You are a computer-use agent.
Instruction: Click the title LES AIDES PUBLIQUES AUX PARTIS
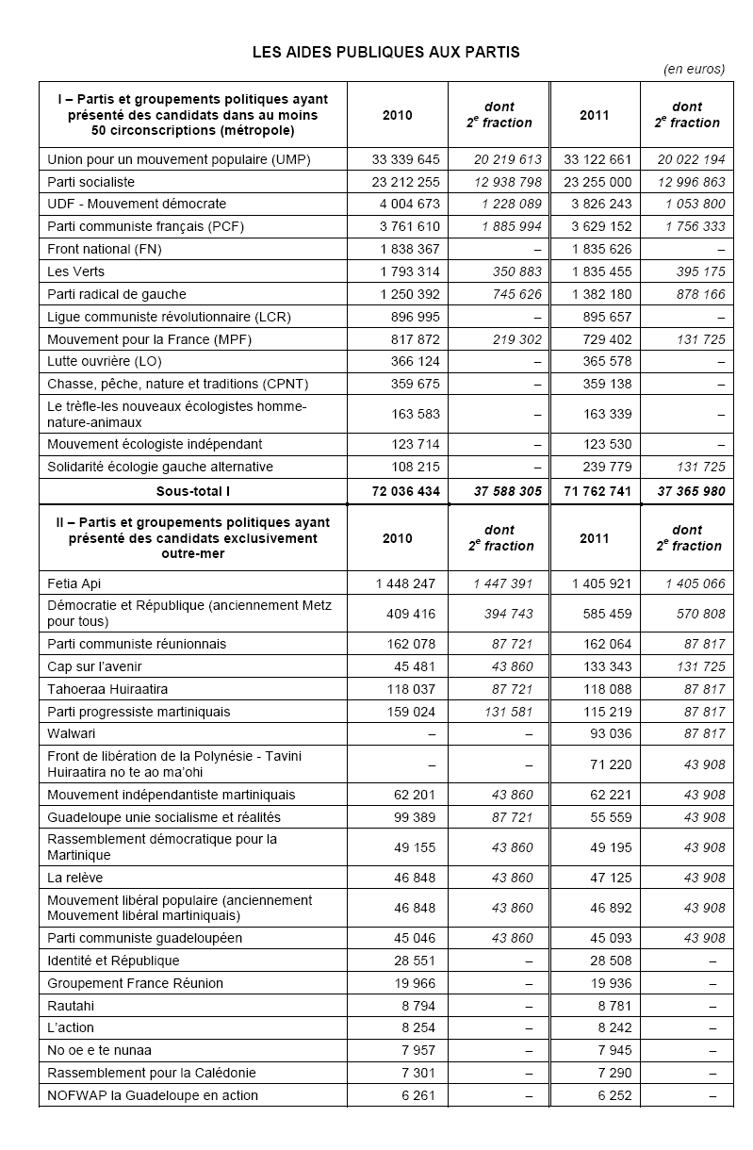tap(385, 52)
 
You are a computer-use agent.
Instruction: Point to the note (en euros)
tap(695, 69)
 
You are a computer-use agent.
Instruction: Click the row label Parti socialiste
tap(91, 182)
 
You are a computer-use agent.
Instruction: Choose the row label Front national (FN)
tap(102, 249)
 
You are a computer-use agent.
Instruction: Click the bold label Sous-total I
tap(193, 491)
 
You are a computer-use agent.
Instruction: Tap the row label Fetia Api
tap(74, 583)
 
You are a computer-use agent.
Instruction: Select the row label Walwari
tap(72, 733)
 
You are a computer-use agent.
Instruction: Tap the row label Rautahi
tap(71, 1006)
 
